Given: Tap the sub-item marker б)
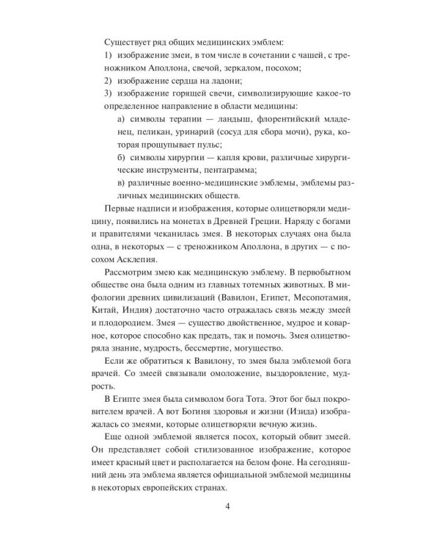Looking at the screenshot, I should [122, 169].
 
